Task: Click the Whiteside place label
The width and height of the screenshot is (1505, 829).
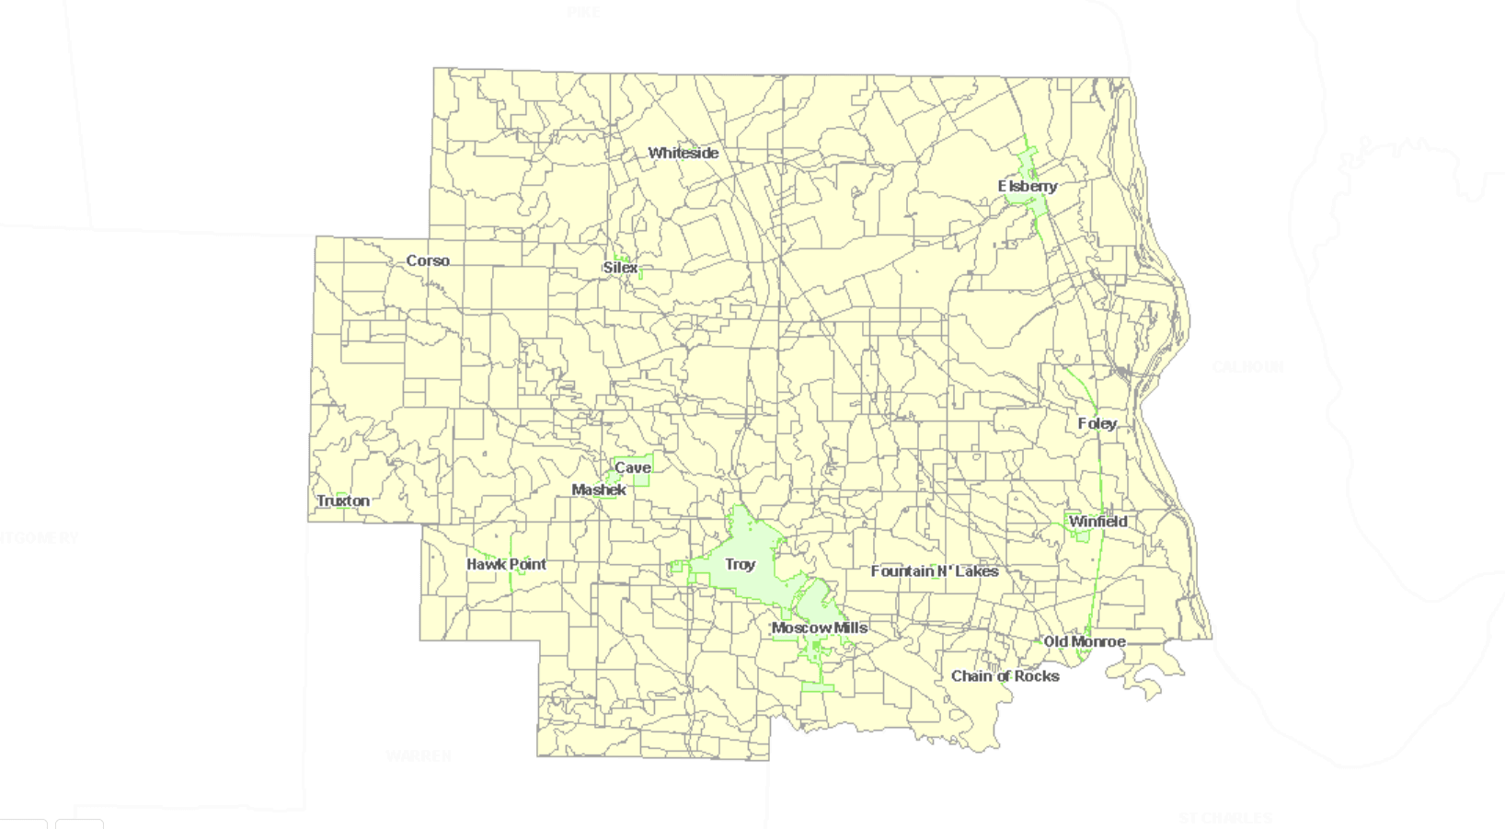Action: point(683,153)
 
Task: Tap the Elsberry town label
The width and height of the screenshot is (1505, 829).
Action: point(1028,186)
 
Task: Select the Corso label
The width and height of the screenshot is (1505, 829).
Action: point(428,260)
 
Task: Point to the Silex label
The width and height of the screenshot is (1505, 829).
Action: point(620,268)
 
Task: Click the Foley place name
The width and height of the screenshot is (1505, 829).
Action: point(1097,423)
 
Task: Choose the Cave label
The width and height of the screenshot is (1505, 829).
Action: point(633,467)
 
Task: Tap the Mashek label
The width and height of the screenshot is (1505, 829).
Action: point(599,489)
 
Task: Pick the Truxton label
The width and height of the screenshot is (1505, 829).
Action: point(343,501)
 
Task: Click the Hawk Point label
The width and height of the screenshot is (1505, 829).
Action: point(506,564)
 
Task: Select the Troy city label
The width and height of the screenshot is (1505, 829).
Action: point(740,564)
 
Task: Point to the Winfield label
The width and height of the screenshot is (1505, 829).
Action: point(1097,521)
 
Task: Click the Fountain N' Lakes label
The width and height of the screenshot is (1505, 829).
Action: point(935,570)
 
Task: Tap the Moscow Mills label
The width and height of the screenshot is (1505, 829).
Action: point(819,628)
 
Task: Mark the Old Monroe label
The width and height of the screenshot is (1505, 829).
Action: point(1084,641)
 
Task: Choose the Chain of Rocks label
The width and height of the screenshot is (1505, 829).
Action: point(1005,675)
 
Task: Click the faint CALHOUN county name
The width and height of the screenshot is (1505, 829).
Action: point(1247,367)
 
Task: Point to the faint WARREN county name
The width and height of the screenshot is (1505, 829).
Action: point(419,756)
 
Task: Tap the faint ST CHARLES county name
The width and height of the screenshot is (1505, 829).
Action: point(1225,817)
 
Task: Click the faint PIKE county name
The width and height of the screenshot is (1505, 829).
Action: point(583,12)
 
